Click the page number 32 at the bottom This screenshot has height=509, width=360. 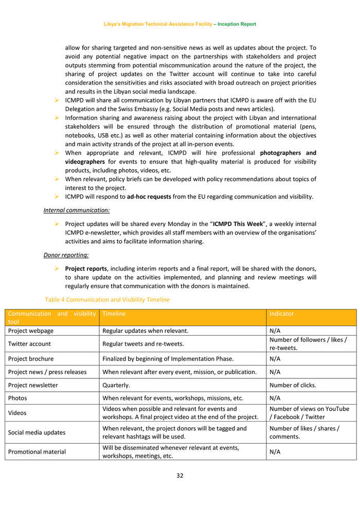[179, 476]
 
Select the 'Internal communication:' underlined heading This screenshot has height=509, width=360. [76, 210]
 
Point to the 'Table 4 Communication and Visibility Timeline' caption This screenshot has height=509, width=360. [107, 300]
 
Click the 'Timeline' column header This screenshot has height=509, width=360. [114, 314]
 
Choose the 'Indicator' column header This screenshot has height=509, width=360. [282, 314]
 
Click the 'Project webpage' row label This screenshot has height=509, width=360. [31, 331]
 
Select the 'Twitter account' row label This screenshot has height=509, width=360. [29, 344]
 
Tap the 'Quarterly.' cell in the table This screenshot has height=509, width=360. [116, 385]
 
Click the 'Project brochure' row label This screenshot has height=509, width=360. [31, 358]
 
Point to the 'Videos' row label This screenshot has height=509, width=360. [17, 413]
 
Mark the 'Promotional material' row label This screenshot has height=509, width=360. [37, 452]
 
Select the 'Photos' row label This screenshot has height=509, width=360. [17, 398]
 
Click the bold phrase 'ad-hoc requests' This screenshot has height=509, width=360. [149, 196]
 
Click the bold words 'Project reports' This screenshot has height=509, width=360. [86, 268]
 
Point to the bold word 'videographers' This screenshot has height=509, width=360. [84, 161]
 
